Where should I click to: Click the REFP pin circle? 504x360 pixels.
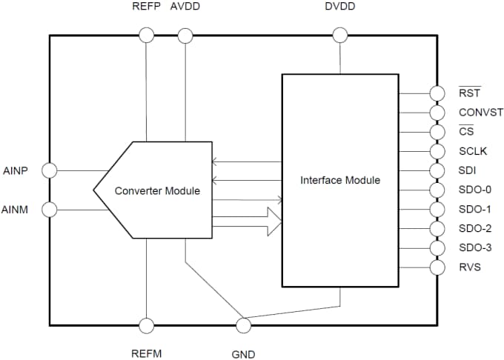(x=147, y=34)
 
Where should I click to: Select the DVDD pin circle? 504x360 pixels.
(x=340, y=34)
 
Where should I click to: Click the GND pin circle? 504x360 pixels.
(x=242, y=325)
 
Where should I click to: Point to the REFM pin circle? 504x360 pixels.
(x=147, y=325)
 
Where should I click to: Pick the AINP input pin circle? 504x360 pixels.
(x=50, y=170)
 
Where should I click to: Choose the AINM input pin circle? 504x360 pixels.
(x=50, y=210)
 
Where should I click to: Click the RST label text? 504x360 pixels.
(x=469, y=93)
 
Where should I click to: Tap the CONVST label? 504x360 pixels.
(x=480, y=113)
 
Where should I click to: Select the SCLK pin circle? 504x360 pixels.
(x=437, y=151)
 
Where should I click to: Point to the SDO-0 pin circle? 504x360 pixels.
(x=437, y=190)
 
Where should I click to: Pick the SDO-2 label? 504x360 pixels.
(x=475, y=228)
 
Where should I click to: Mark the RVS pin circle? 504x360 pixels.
(x=437, y=267)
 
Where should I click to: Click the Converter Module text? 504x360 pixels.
(x=157, y=190)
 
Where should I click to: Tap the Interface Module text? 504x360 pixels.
(x=340, y=180)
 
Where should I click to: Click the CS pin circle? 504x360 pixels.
(x=437, y=132)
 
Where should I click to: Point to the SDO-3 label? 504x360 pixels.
(x=475, y=247)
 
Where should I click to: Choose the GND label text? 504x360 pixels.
(x=243, y=354)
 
